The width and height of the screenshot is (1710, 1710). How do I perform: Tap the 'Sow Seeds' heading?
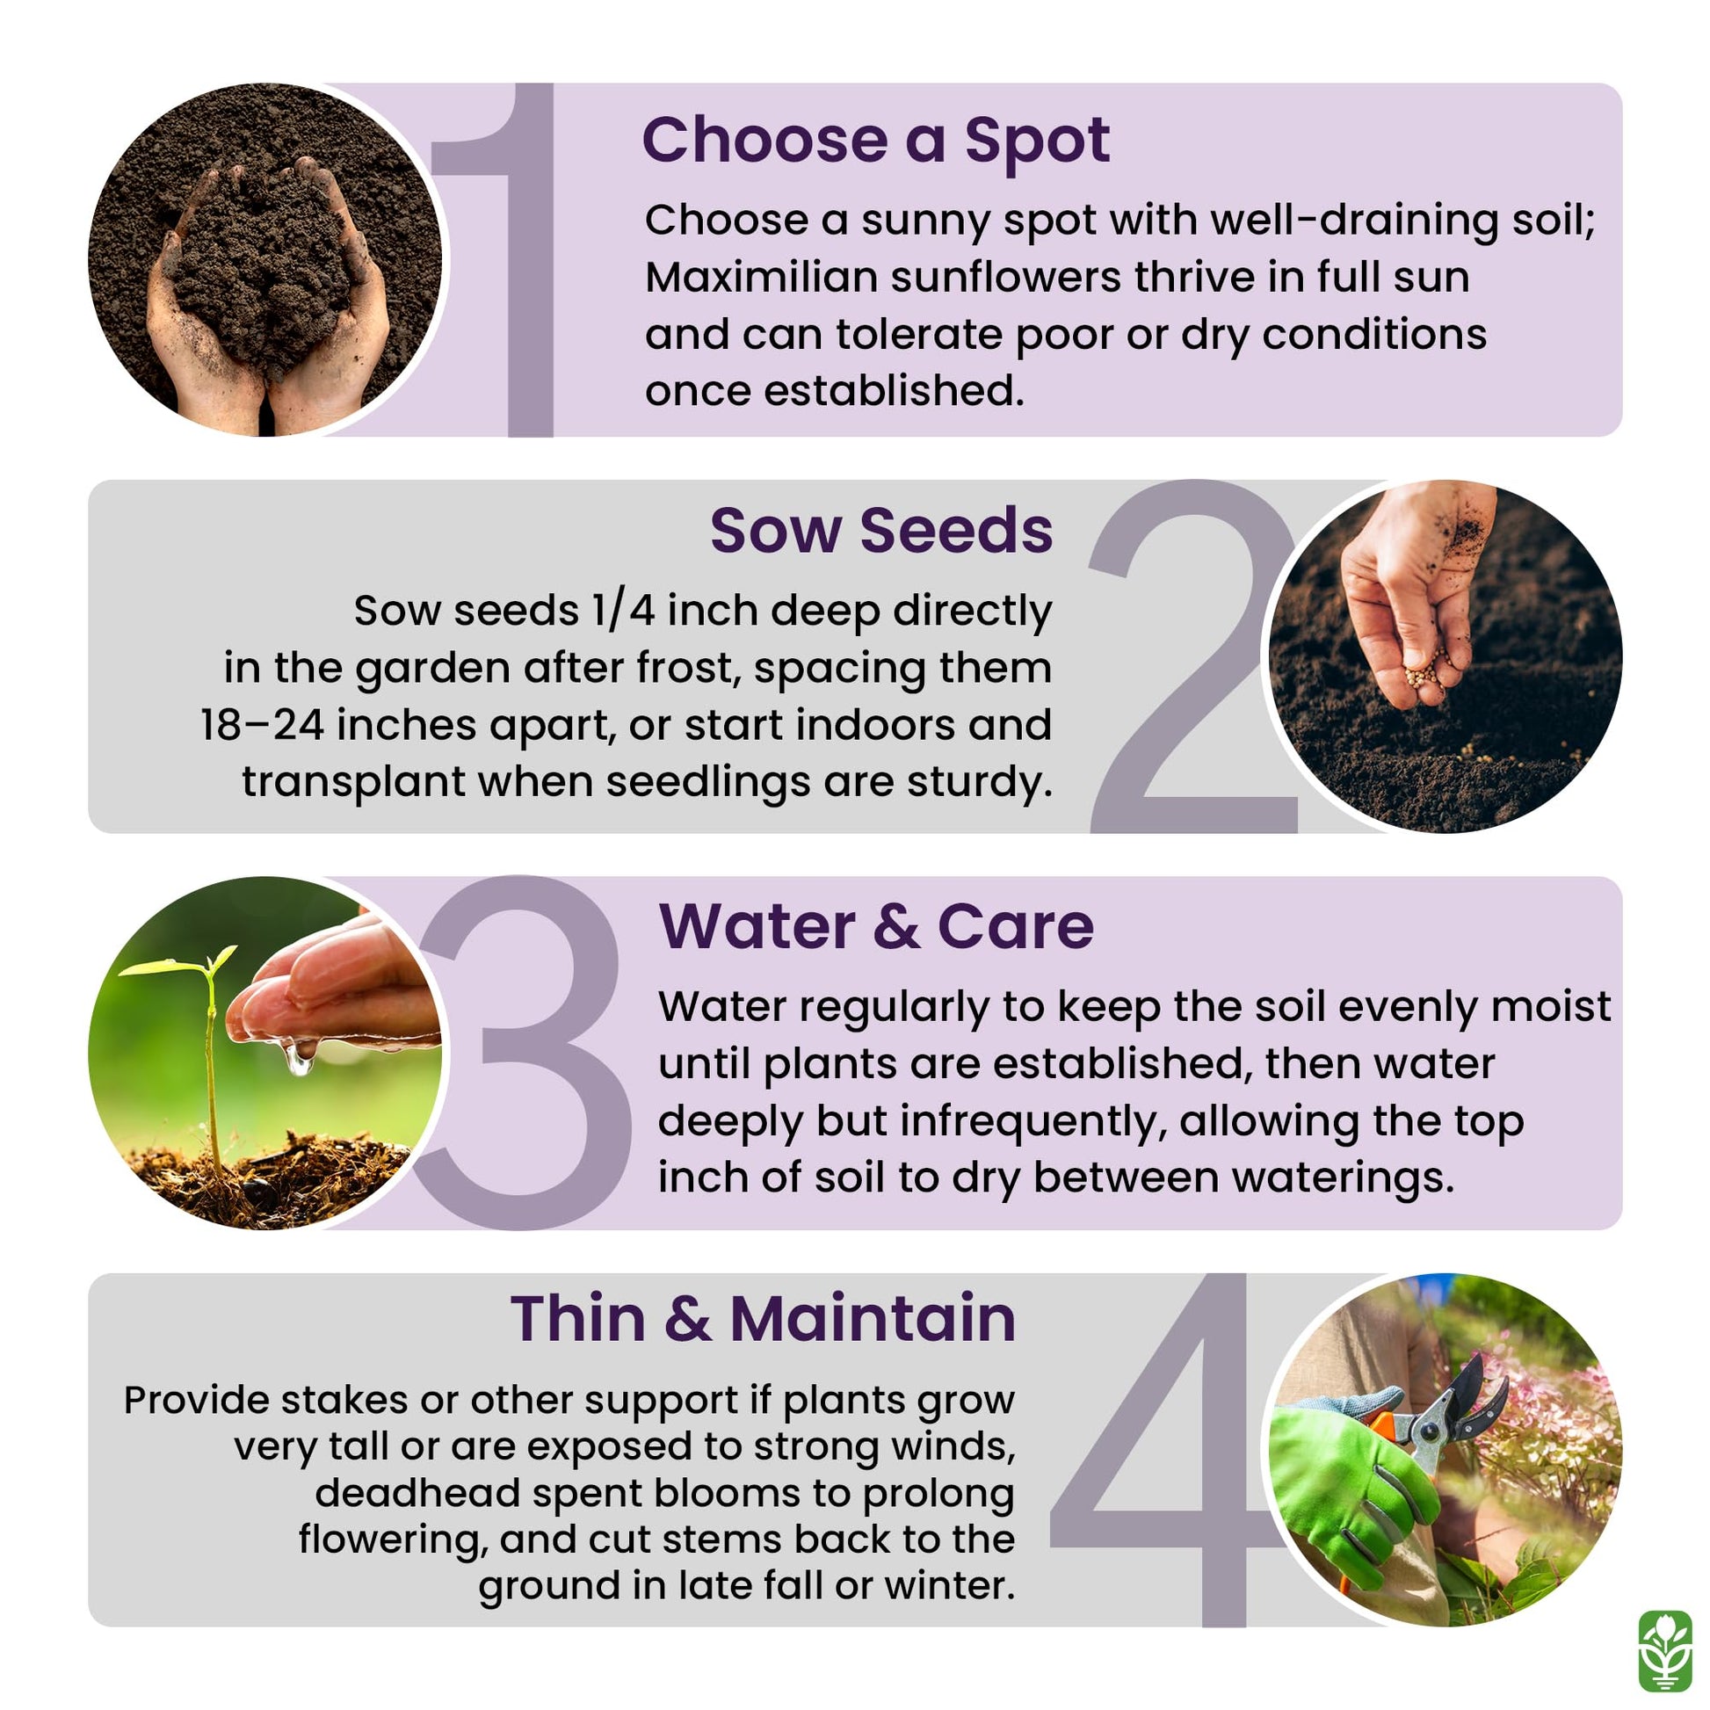pyautogui.click(x=881, y=531)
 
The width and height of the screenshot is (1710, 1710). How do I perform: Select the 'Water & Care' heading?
pyautogui.click(x=876, y=927)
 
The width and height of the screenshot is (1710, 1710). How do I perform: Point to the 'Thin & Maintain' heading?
pyautogui.click(x=763, y=1319)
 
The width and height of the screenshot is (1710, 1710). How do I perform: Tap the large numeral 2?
pyautogui.click(x=1192, y=656)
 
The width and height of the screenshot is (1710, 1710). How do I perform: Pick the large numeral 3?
pyautogui.click(x=522, y=1053)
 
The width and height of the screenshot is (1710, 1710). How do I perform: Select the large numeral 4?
pyautogui.click(x=1159, y=1450)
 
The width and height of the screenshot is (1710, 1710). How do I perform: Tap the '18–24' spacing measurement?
pyautogui.click(x=261, y=725)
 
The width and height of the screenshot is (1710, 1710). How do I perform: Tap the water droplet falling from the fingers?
pyautogui.click(x=298, y=1058)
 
